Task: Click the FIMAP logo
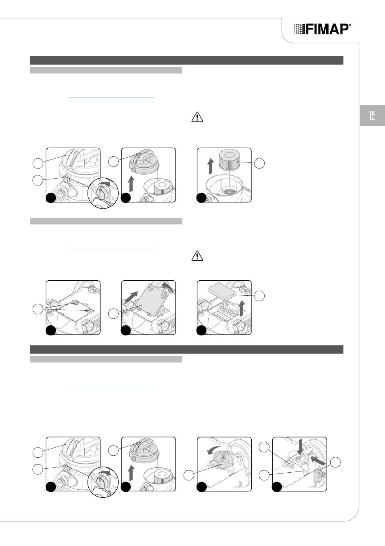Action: point(322,29)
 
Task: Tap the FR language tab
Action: point(372,115)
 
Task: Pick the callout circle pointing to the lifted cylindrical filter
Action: point(259,163)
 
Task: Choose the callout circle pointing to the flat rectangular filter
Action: point(259,296)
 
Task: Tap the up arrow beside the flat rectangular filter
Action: point(242,308)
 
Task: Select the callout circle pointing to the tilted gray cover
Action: point(113,314)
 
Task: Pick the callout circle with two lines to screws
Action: point(38,309)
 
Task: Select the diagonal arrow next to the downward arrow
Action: point(319,461)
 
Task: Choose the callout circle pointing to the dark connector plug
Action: point(336,462)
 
